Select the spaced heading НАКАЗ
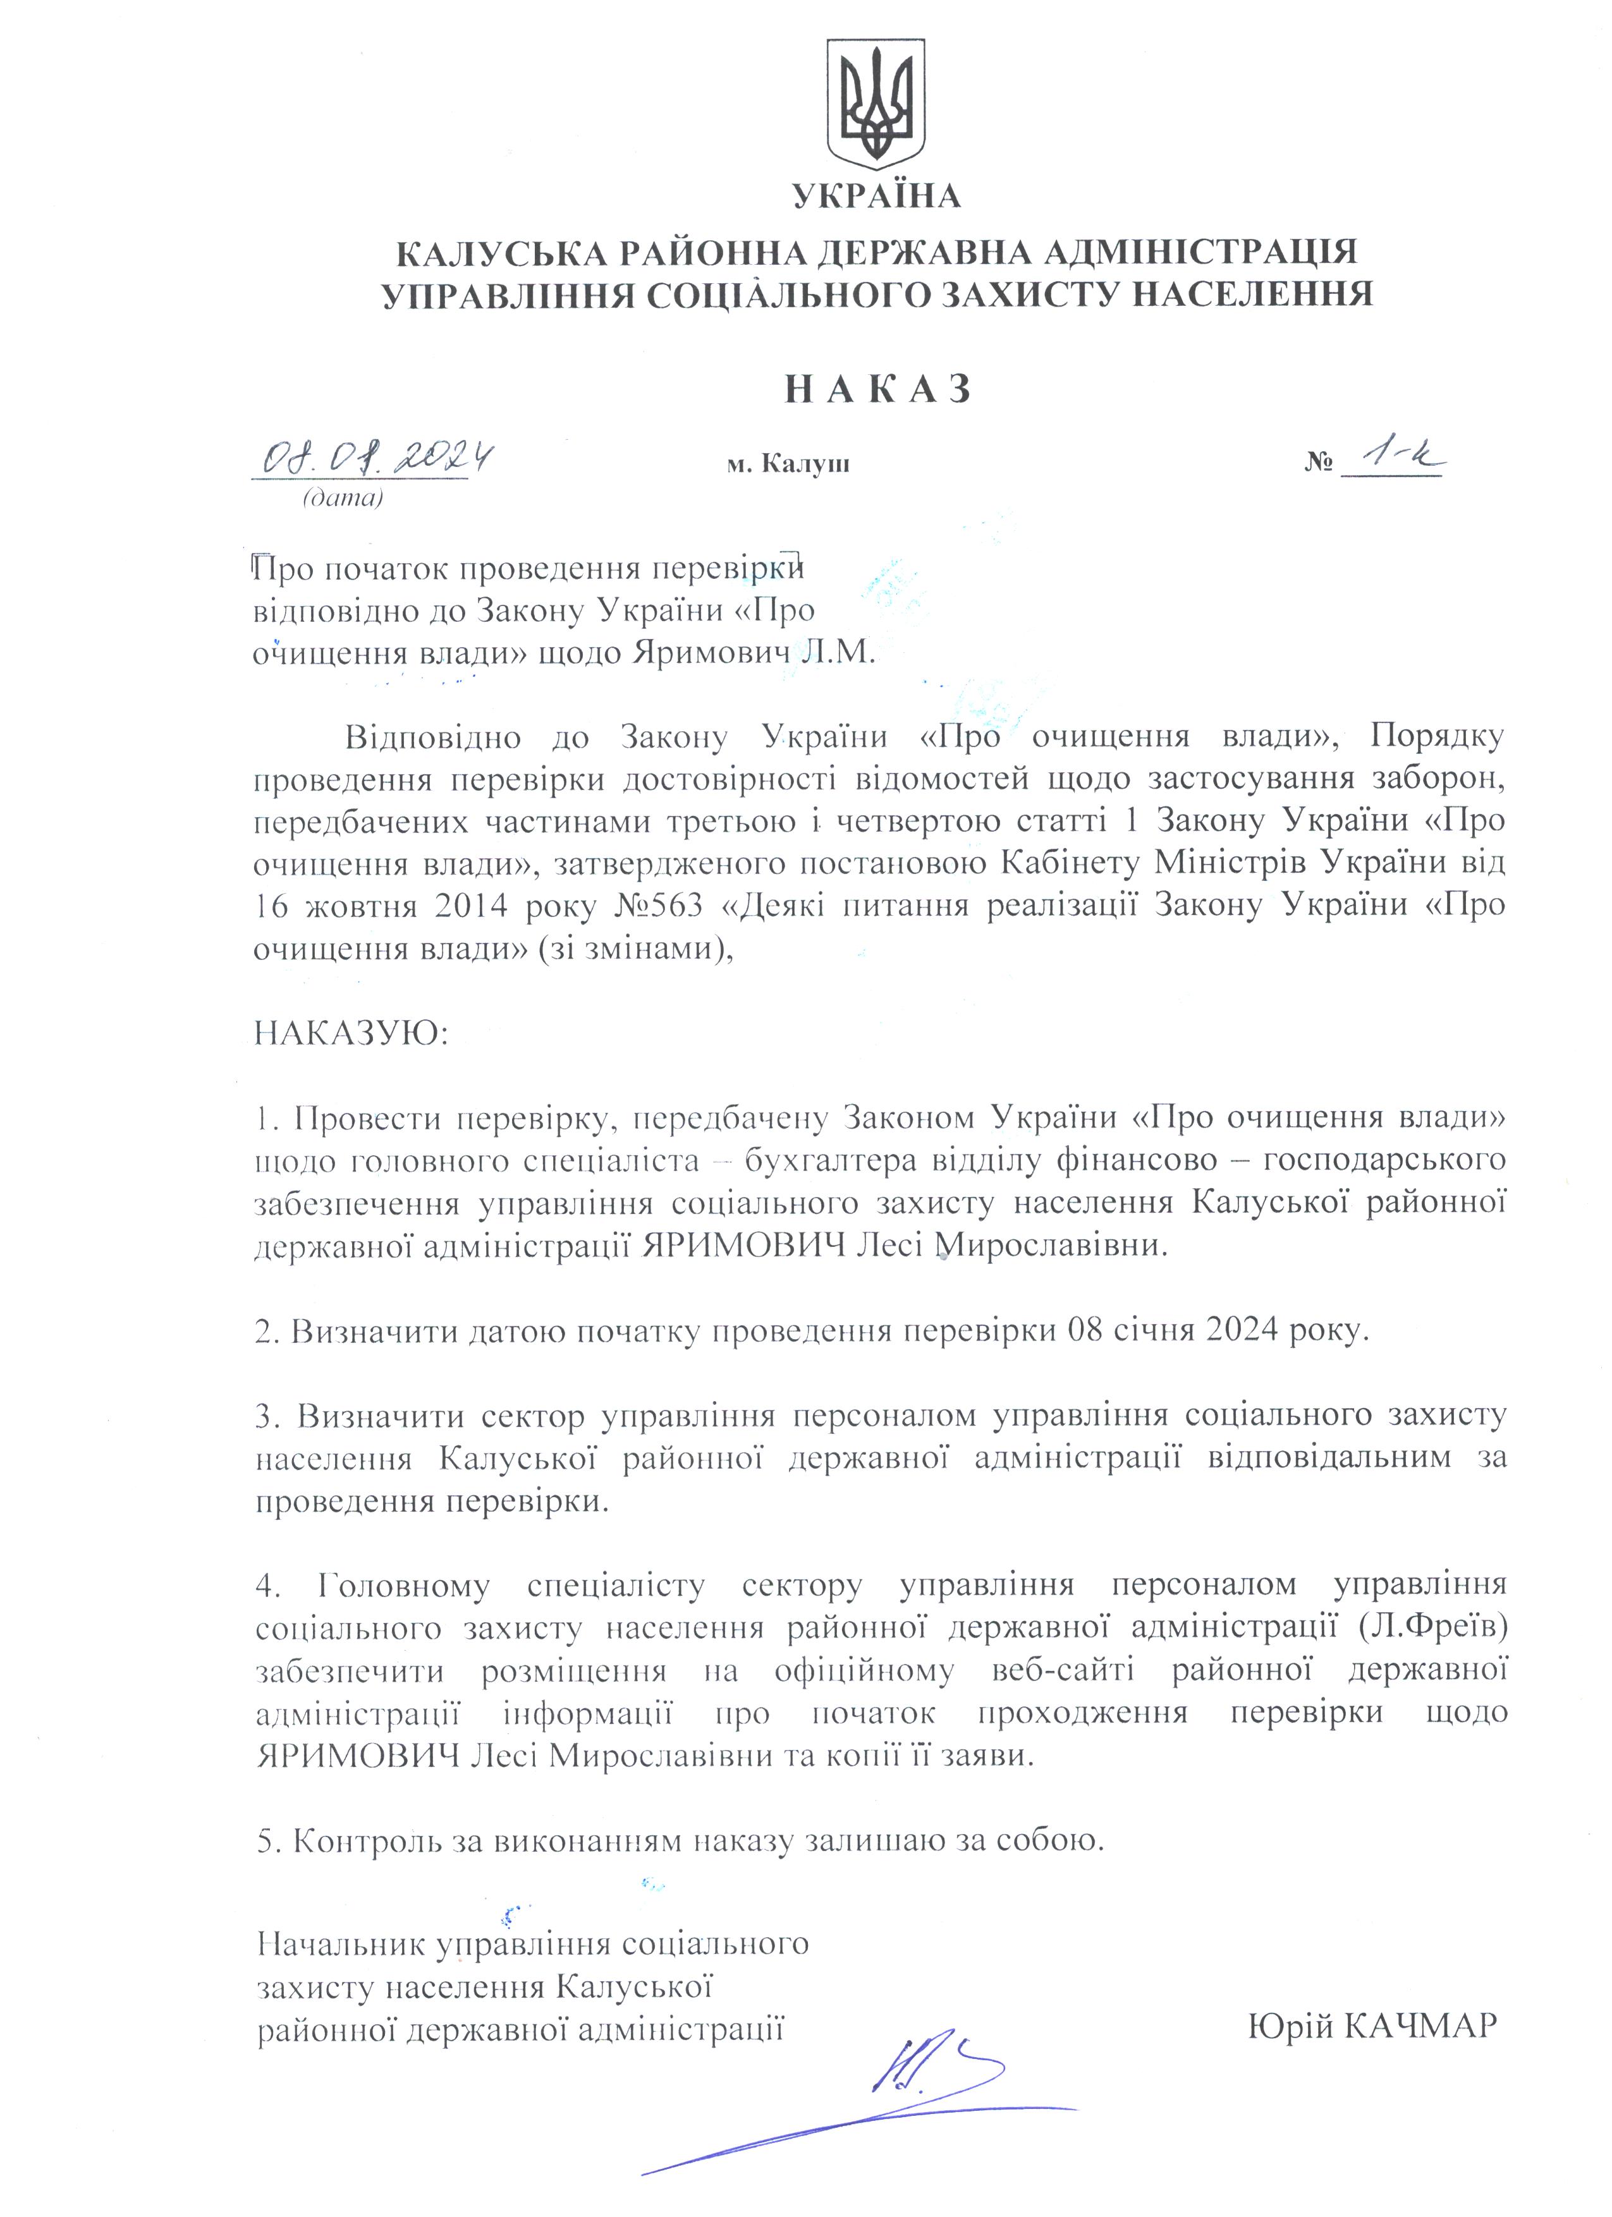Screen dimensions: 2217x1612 [x=878, y=389]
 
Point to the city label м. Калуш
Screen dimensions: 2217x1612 [x=788, y=463]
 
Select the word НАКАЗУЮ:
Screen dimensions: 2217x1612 [x=351, y=1033]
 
